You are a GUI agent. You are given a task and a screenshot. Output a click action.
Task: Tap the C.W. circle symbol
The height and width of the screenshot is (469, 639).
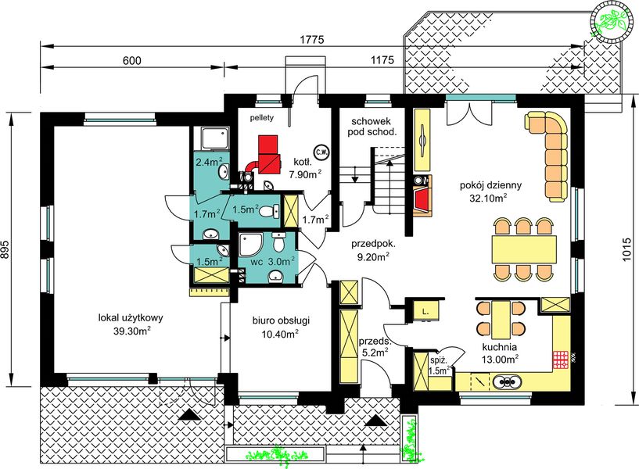coord(321,152)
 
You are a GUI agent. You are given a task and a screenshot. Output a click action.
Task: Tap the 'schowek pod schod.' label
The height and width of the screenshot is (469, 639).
coord(374,127)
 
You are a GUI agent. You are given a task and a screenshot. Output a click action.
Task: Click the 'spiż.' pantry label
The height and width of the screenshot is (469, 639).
coord(439,360)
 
